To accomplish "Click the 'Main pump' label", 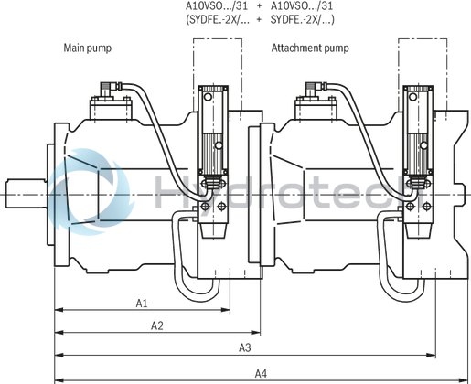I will click(x=87, y=47).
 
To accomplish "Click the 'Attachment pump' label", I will click(x=309, y=47).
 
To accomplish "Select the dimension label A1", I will click(x=143, y=302).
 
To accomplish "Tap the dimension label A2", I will click(x=156, y=325).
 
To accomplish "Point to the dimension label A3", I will click(x=245, y=347).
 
